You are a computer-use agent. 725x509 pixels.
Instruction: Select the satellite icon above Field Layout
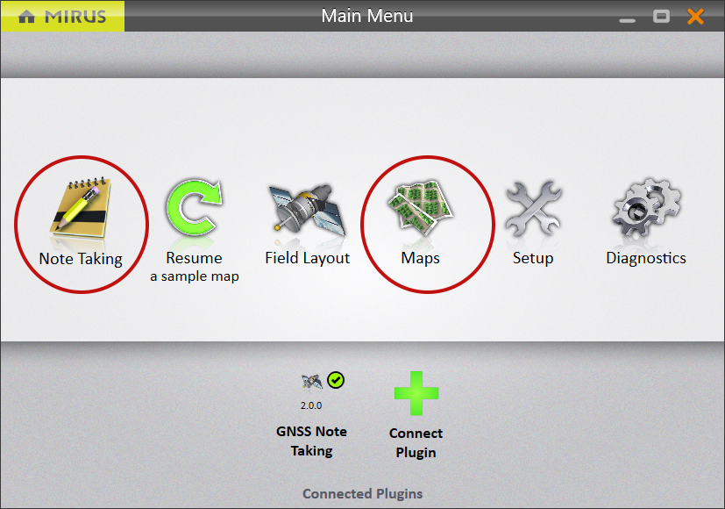[x=307, y=210]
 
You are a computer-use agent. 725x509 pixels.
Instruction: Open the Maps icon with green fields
[x=420, y=207]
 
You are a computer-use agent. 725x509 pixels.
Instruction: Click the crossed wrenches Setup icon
[x=533, y=208]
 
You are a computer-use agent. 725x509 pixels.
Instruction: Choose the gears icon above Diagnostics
[x=646, y=207]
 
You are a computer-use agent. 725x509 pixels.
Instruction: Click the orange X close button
[x=695, y=17]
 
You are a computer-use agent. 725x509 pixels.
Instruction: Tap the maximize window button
[x=661, y=17]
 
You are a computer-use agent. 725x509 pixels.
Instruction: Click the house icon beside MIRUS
[x=26, y=17]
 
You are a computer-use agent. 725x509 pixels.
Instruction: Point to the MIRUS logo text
[x=75, y=18]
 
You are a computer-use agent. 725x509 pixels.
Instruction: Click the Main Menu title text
[x=367, y=16]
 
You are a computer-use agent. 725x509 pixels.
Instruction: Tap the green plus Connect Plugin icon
[x=416, y=393]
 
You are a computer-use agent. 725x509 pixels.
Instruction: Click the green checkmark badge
[x=336, y=380]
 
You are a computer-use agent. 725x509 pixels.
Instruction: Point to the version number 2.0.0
[x=311, y=405]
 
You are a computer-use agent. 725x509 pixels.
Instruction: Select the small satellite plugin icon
[x=311, y=381]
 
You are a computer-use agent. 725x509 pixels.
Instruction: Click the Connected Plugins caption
[x=363, y=494]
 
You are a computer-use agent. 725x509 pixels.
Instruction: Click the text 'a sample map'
[x=195, y=276]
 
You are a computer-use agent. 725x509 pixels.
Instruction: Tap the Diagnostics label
[x=646, y=258]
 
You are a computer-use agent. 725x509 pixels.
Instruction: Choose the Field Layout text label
[x=308, y=258]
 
